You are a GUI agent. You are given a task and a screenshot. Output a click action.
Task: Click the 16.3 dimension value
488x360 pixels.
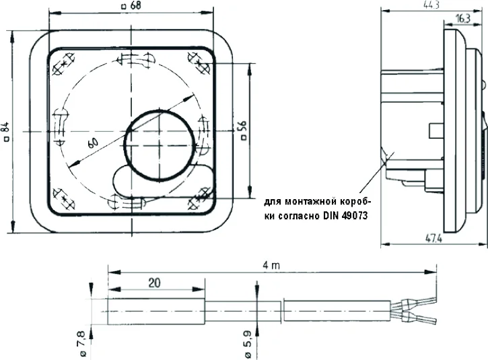(x=462, y=20)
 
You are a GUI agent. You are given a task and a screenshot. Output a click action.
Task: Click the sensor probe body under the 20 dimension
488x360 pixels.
(x=155, y=312)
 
